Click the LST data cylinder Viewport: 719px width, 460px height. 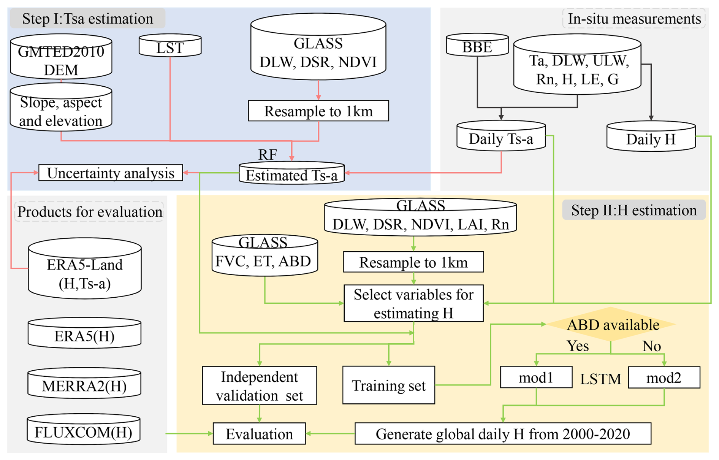170,47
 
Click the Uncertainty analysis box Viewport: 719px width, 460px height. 111,173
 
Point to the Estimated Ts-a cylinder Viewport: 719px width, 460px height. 291,174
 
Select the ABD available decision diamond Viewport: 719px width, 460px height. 611,325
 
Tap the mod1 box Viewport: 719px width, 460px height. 536,377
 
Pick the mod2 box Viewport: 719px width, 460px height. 664,377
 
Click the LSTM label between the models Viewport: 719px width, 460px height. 600,379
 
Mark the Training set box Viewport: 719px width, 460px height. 388,385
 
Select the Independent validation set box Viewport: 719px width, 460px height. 259,385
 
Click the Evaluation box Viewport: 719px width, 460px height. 259,434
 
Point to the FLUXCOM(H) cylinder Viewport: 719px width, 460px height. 84,431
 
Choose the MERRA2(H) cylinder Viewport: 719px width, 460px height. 84,385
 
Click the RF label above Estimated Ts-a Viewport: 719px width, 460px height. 268,154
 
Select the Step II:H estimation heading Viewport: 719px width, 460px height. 633,210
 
